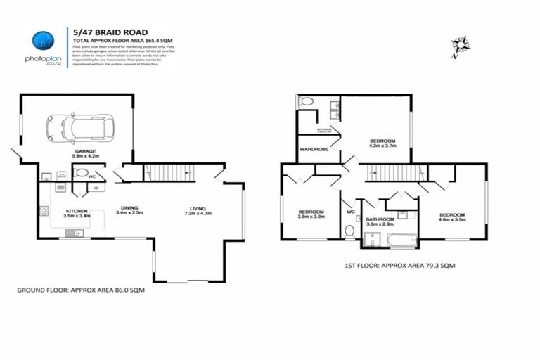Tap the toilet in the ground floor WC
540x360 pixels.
click(x=80, y=173)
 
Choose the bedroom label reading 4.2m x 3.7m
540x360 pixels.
click(x=383, y=144)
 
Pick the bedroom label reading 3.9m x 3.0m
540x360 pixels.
click(x=310, y=215)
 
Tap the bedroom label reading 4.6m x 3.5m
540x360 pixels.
click(x=452, y=218)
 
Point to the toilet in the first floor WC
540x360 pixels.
click(x=349, y=229)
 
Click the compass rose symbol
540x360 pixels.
click(x=461, y=46)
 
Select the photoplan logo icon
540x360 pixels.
click(x=44, y=40)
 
